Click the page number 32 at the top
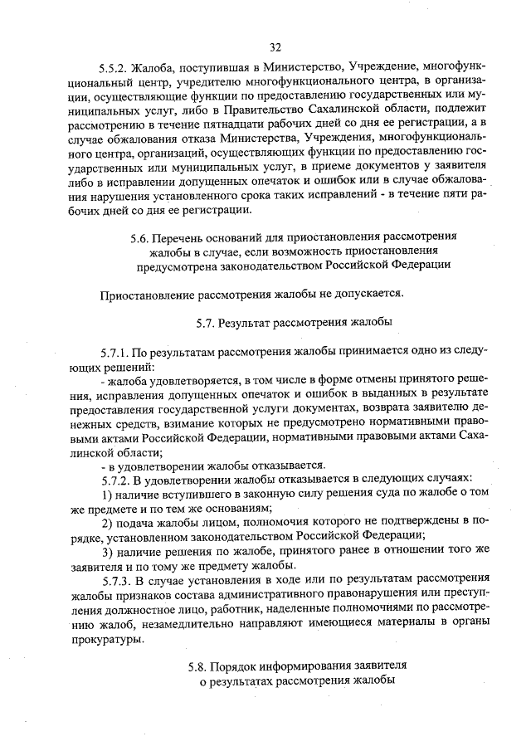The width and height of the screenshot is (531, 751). [275, 47]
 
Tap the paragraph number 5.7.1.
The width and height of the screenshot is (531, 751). [117, 351]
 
